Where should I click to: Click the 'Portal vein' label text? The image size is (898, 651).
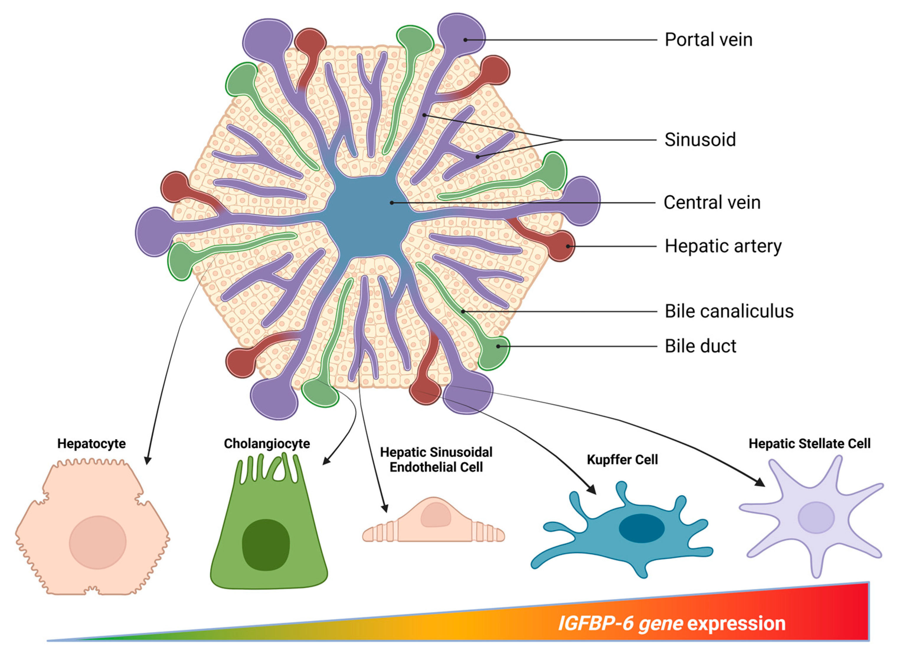tap(708, 40)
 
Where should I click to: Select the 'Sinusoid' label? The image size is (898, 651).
tap(700, 140)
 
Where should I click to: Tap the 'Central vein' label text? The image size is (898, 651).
tap(712, 203)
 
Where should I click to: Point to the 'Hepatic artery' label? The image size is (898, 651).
tap(723, 246)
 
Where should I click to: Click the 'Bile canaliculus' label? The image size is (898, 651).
tap(729, 311)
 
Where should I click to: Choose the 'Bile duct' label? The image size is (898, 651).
tap(700, 346)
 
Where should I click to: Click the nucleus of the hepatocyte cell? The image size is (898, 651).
tap(98, 542)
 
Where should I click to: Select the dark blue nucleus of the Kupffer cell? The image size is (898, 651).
tap(642, 528)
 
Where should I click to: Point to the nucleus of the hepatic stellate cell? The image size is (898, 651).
tap(816, 517)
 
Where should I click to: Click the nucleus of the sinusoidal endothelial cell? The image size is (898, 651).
tap(436, 515)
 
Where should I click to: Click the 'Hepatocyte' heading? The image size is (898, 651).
tap(91, 444)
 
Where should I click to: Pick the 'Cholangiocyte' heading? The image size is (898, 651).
tap(267, 444)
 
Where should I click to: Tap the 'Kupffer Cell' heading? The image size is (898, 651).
tap(622, 460)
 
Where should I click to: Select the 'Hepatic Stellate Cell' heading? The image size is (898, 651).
tap(809, 444)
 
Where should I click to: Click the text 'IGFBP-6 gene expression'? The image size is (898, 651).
tap(672, 623)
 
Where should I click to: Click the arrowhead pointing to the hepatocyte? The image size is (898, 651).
tap(147, 461)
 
